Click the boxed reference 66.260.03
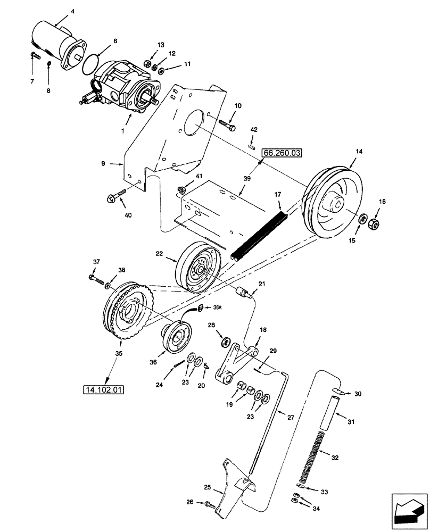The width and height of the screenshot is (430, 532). pyautogui.click(x=282, y=153)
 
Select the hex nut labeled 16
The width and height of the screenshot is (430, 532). pyautogui.click(x=374, y=225)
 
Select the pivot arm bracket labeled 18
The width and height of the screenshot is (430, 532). pyautogui.click(x=235, y=364)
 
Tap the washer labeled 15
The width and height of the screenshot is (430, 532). pyautogui.click(x=361, y=219)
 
